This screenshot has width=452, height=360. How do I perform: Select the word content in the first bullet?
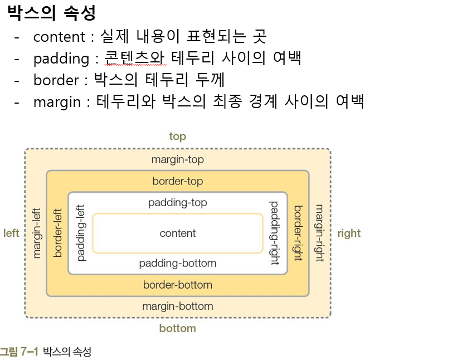coord(58,37)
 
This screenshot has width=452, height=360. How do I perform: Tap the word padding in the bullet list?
coord(61,59)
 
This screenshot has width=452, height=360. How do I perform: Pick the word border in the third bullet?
coord(56,80)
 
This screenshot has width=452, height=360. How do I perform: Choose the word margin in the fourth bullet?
coord(56,102)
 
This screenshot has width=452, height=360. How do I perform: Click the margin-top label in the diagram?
coord(177,160)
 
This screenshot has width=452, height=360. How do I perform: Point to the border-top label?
coord(177,181)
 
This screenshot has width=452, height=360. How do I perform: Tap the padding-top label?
coord(177,203)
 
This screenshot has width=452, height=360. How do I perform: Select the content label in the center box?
coord(177,233)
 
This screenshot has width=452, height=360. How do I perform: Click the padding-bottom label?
coord(177,263)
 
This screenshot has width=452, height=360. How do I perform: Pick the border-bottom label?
coord(177,285)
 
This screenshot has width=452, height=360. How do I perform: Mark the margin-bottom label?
coord(177,307)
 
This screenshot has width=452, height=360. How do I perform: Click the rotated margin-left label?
coord(37,233)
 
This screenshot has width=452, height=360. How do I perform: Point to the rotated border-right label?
coord(298,233)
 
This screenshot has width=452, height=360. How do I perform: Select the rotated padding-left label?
coord(81,233)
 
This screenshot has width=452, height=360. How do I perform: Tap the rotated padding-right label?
coord(275,233)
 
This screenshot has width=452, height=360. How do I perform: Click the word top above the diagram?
coord(177,137)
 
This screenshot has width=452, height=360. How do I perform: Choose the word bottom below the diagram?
coord(177,328)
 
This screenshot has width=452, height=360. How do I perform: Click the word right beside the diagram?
coord(349,233)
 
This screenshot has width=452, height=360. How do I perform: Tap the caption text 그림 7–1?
coord(19,352)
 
